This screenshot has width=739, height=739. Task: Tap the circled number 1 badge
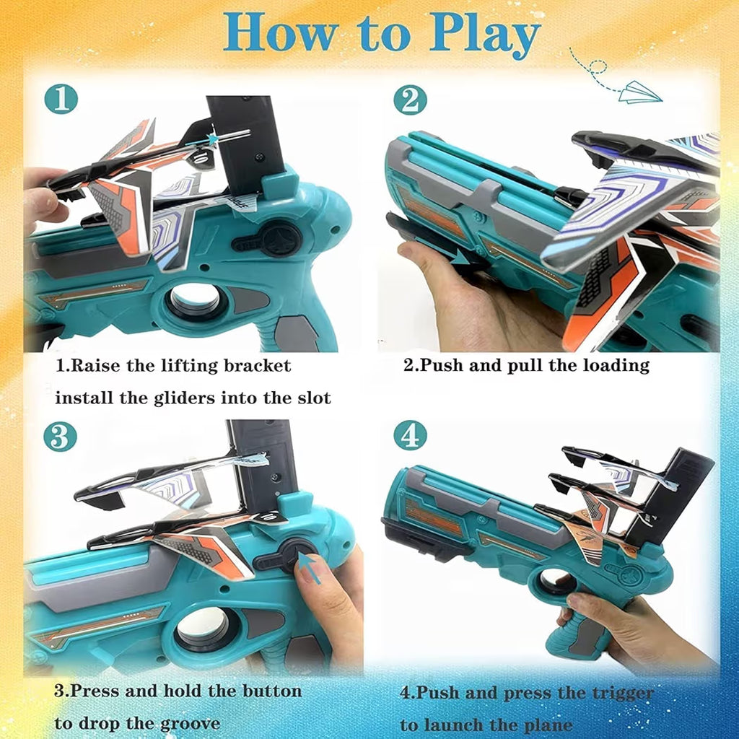(x=62, y=100)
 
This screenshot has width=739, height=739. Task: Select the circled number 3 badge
(x=61, y=436)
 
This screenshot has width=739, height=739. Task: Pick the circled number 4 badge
(x=409, y=435)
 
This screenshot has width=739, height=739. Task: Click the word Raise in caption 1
(x=98, y=366)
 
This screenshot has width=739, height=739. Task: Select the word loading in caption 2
(x=611, y=366)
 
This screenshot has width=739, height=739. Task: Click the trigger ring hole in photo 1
(x=196, y=299)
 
